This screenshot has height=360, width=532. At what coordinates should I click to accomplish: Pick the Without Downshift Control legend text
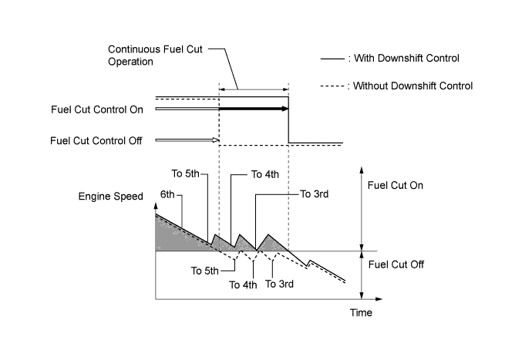click(x=416, y=86)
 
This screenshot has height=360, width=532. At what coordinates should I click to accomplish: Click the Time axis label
click(x=360, y=312)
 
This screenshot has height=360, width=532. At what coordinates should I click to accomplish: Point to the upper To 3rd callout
click(x=314, y=194)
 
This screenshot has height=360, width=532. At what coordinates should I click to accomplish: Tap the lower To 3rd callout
click(x=280, y=284)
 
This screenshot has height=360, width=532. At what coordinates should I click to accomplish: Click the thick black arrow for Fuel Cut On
click(x=254, y=109)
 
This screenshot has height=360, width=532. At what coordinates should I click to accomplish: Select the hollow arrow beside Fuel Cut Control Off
click(x=187, y=140)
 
